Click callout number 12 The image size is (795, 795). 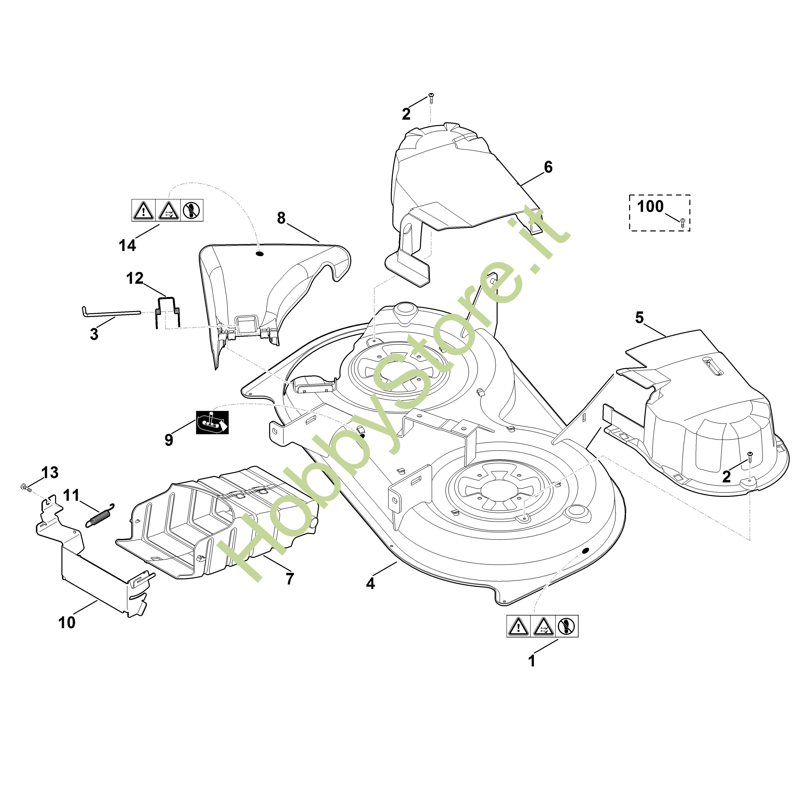tap(134, 279)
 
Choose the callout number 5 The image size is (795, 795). tap(639, 318)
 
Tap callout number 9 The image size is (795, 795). tap(169, 440)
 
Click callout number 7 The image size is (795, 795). tap(290, 579)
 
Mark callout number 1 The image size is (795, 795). tap(532, 661)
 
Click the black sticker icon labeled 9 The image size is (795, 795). tap(212, 422)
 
